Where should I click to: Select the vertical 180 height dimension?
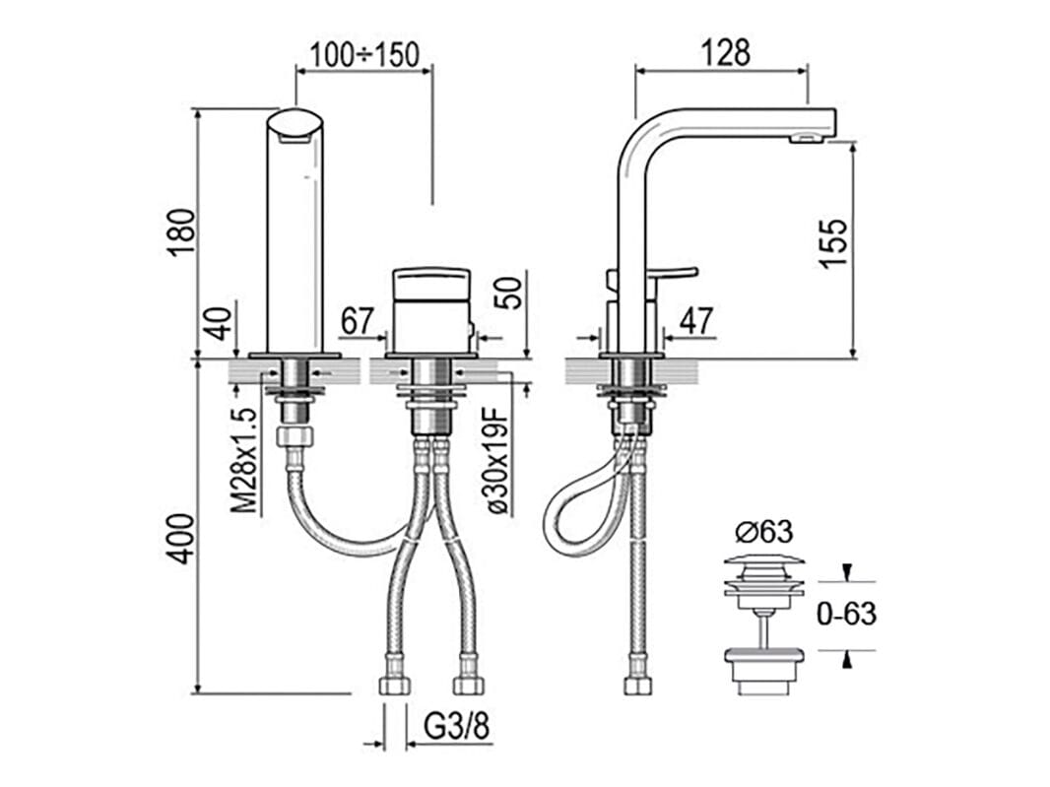[183, 232]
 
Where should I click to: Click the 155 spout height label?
[832, 244]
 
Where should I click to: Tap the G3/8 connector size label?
[456, 727]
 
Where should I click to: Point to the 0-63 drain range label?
[846, 614]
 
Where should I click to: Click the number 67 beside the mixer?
[356, 321]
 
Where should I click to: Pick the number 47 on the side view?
[696, 321]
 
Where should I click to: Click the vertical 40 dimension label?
[219, 323]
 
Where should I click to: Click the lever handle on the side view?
[675, 273]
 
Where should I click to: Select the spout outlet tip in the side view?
[805, 139]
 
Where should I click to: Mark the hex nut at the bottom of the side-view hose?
[637, 685]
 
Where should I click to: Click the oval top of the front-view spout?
[295, 125]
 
